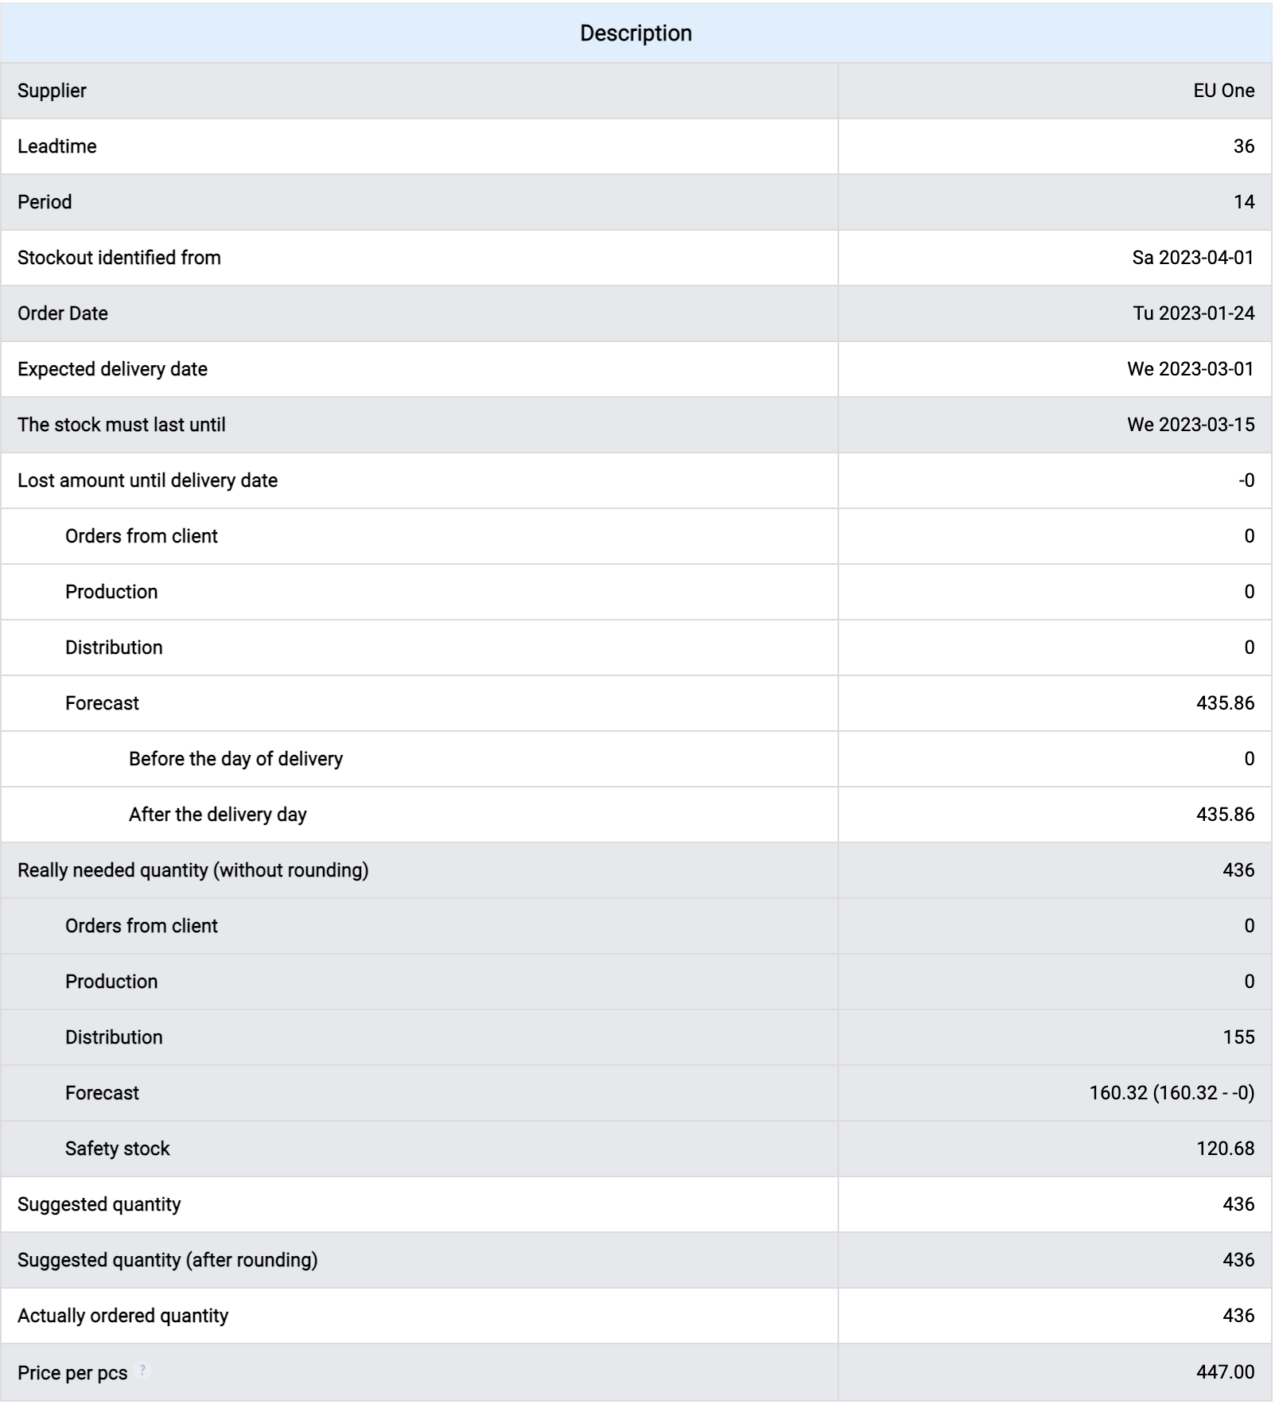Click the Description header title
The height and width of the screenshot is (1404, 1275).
[x=636, y=33]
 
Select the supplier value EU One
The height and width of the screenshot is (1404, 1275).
[x=1223, y=91]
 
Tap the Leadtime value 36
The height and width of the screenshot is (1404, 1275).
[x=1243, y=146]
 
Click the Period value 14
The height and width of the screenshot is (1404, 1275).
[x=1243, y=202]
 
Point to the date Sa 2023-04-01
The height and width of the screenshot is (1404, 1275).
[x=1192, y=258]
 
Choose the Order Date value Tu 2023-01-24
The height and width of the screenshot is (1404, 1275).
[x=1193, y=313]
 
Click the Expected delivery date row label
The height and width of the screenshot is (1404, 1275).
[x=112, y=369]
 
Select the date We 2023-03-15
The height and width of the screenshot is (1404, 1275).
[x=1190, y=425]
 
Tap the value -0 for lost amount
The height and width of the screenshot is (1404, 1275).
[x=1246, y=480]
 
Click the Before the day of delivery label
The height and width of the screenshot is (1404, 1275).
[x=235, y=759]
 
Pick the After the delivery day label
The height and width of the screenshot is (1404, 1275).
[x=217, y=815]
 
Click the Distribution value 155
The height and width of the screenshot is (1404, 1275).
[x=1238, y=1037]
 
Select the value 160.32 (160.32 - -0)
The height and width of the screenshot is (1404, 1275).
[x=1171, y=1093]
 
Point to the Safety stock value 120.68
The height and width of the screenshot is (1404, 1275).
[x=1225, y=1149]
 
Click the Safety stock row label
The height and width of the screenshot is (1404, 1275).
[x=117, y=1149]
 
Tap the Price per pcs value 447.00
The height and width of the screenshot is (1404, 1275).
[x=1225, y=1372]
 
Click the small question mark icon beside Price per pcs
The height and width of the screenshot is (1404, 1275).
[x=143, y=1370]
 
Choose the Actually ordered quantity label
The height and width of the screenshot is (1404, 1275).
[x=122, y=1316]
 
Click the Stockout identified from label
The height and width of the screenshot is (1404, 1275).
[x=119, y=258]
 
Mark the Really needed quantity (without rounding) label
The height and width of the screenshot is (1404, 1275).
[x=192, y=870]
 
